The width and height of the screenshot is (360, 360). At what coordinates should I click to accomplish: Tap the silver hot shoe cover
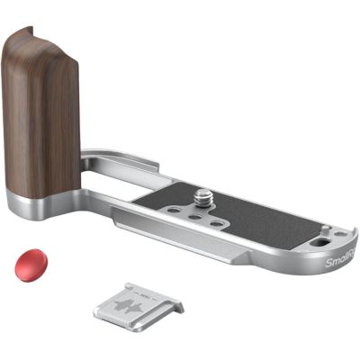tap(139, 303)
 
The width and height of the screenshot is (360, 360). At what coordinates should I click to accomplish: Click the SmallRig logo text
tap(341, 266)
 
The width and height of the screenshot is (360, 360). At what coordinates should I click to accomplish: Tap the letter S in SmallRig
tap(328, 261)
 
